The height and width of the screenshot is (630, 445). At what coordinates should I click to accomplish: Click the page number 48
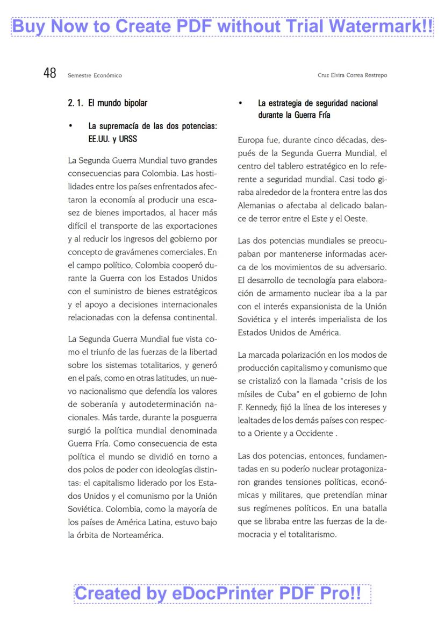click(50, 73)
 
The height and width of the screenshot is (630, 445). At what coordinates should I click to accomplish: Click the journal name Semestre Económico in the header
click(95, 75)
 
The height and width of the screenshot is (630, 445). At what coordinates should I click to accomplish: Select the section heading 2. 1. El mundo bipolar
click(107, 102)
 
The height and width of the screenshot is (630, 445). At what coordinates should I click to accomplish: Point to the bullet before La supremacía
click(70, 126)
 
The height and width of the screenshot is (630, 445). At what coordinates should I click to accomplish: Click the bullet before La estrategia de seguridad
click(241, 103)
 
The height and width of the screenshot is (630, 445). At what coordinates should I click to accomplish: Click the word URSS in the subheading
click(128, 138)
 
